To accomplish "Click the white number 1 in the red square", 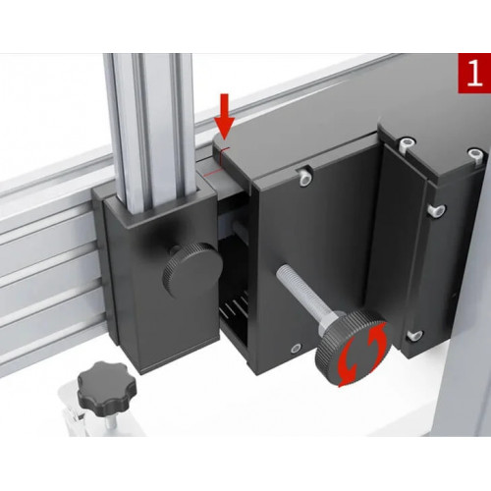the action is tap(474, 74).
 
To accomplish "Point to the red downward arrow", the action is tap(224, 116).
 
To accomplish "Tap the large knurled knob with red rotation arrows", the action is tap(354, 349).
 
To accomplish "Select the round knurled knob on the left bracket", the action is tap(192, 269).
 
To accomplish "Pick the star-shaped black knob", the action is tap(107, 389).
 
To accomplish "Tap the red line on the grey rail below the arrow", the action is tap(212, 173).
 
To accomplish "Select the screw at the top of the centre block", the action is tap(304, 177).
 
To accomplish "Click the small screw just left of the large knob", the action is tap(296, 349).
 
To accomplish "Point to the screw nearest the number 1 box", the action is tap(475, 154).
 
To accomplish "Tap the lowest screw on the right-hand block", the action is tap(415, 336).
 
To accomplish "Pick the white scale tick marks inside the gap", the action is tap(235, 307).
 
